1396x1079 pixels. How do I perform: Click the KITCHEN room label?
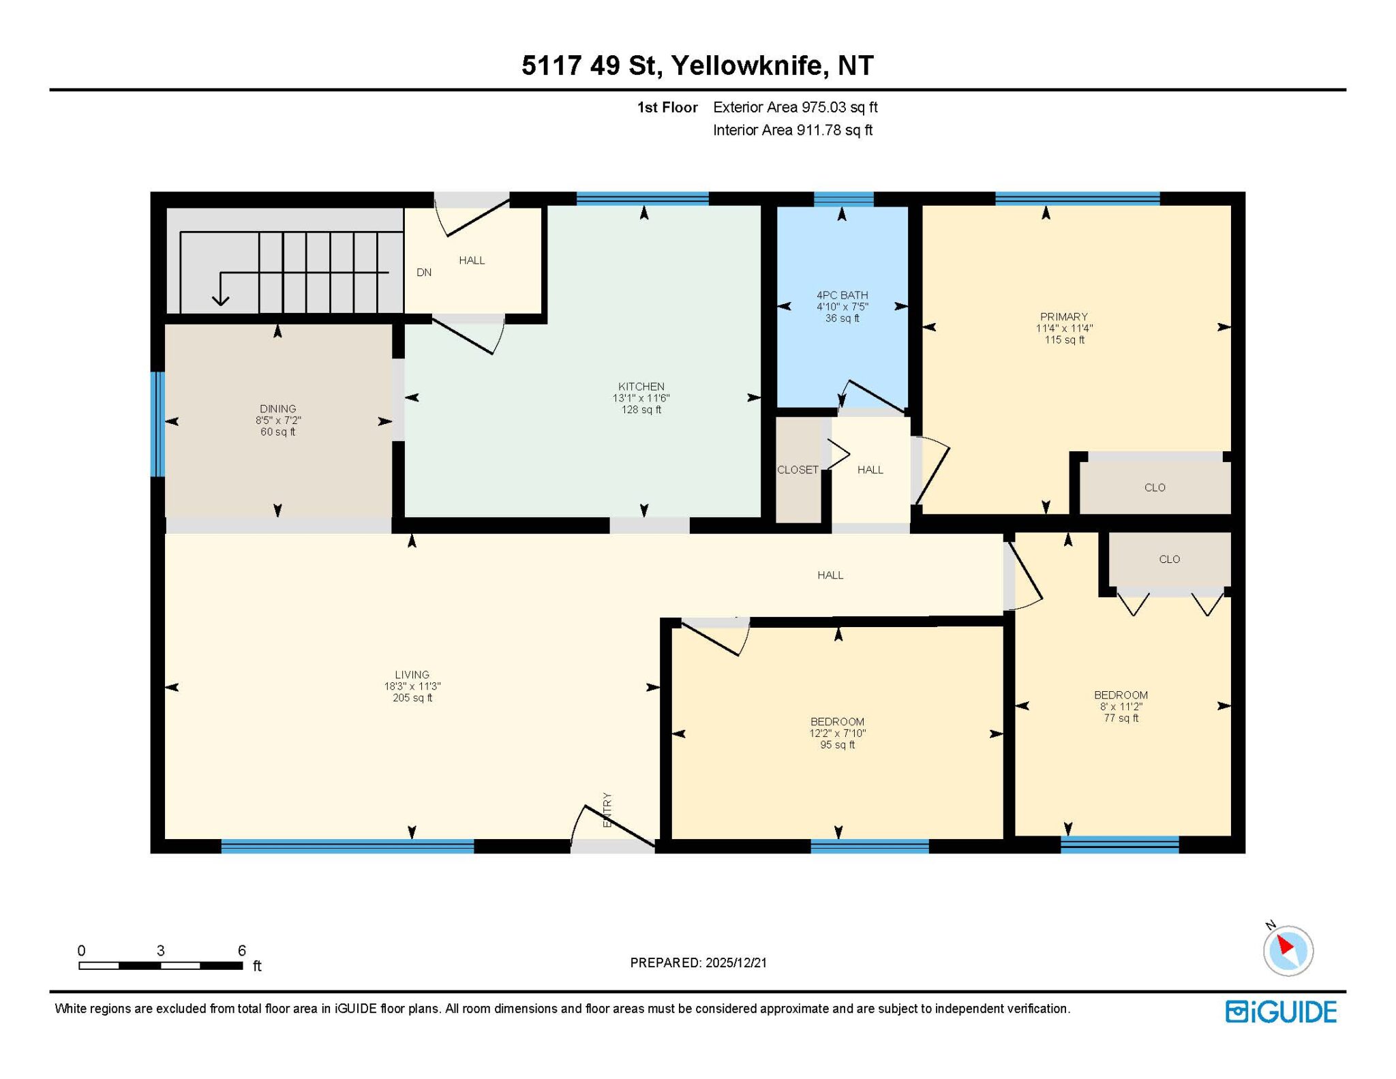click(x=641, y=386)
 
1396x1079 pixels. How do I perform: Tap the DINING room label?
click(x=277, y=409)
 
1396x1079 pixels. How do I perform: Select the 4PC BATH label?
click(x=842, y=295)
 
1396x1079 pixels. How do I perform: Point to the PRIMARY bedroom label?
click(x=1063, y=316)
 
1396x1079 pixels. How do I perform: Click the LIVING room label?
click(x=412, y=675)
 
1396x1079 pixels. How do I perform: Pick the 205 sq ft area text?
click(x=412, y=698)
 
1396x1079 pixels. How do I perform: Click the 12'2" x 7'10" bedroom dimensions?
click(x=837, y=733)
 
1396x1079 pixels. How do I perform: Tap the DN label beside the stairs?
click(x=424, y=273)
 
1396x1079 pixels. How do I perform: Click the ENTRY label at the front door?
click(x=607, y=810)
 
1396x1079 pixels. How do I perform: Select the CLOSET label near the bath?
click(x=798, y=470)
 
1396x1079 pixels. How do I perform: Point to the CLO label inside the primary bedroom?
click(x=1155, y=487)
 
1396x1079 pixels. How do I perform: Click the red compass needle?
click(x=1284, y=945)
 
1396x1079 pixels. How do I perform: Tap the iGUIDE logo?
click(x=1281, y=1012)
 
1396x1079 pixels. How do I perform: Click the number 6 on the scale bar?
click(x=241, y=950)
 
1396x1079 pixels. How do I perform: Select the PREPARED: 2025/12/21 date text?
click(x=698, y=962)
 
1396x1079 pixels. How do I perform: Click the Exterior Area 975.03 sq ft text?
click(x=795, y=107)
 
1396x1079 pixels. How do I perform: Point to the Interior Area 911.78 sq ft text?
click(x=793, y=130)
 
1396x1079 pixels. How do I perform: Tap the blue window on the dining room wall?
click(x=157, y=424)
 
